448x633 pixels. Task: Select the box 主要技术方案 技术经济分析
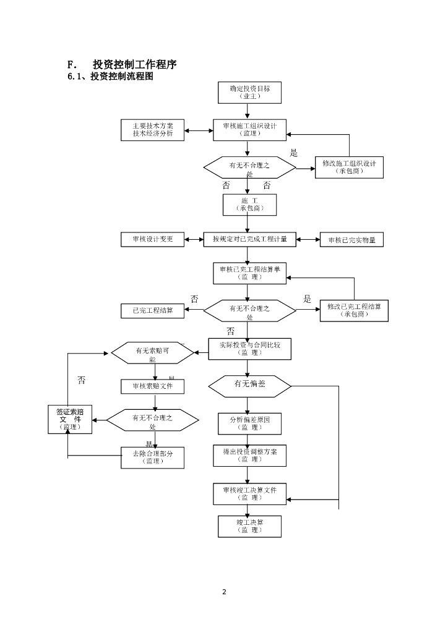coord(152,130)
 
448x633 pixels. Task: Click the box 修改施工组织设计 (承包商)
coord(350,167)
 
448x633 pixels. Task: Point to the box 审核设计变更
coord(152,239)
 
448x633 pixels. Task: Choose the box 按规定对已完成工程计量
coord(249,239)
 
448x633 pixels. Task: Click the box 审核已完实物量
coord(351,240)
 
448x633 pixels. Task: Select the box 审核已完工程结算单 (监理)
coord(249,273)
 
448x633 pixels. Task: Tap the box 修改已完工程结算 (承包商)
coord(354,310)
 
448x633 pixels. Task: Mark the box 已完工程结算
coord(152,310)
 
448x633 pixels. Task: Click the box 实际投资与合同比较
coord(249,349)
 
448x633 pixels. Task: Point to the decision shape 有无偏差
coord(249,386)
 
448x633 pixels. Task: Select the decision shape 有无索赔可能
coord(152,353)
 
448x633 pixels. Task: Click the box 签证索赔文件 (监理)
coord(70,419)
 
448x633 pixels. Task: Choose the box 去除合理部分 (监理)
coord(152,457)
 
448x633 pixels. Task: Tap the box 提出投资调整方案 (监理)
coord(249,455)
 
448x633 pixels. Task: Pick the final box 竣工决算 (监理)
coord(249,526)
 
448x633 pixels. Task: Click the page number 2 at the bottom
coord(224,592)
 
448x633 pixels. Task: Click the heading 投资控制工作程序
coord(135,65)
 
